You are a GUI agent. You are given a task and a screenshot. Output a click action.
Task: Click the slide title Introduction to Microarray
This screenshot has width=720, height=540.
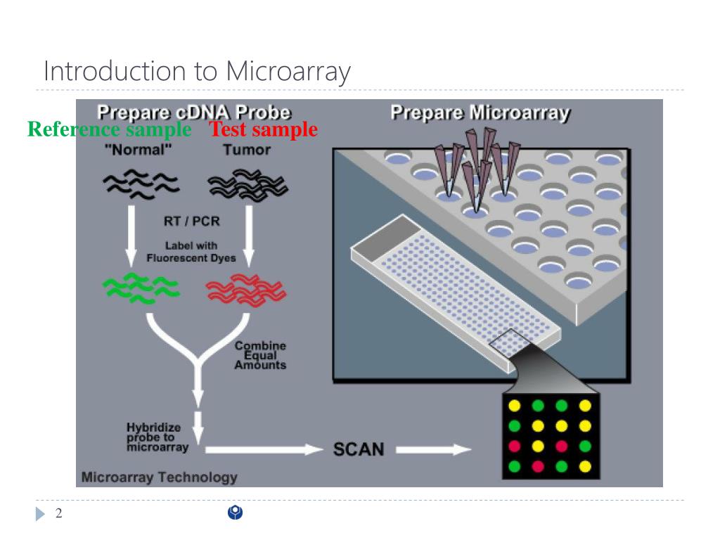pyautogui.click(x=197, y=72)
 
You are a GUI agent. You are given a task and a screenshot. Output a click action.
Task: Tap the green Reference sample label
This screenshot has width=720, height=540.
pyautogui.click(x=109, y=129)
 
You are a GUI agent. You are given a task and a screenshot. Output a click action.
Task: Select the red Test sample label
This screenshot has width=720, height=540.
pyautogui.click(x=264, y=129)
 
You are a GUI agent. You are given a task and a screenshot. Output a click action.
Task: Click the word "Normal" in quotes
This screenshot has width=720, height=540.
pyautogui.click(x=138, y=150)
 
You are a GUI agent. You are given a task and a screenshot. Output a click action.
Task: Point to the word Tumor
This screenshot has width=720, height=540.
pyautogui.click(x=247, y=150)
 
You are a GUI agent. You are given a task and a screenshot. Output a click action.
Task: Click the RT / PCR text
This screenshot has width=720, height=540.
pyautogui.click(x=191, y=221)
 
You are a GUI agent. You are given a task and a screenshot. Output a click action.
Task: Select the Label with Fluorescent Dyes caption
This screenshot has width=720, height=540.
pyautogui.click(x=191, y=252)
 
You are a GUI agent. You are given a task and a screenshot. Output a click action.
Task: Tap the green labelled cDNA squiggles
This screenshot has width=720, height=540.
pyautogui.click(x=140, y=289)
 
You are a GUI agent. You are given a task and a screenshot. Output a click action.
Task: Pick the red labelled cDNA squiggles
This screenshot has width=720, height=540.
pyautogui.click(x=245, y=289)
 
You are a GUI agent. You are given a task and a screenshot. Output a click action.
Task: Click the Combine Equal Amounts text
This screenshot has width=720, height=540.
pyautogui.click(x=260, y=355)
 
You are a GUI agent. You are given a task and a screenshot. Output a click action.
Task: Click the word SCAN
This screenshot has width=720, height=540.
pyautogui.click(x=358, y=449)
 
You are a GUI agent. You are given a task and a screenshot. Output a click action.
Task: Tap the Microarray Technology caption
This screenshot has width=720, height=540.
pyautogui.click(x=160, y=477)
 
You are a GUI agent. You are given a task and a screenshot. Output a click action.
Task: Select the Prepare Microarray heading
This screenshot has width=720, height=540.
pyautogui.click(x=480, y=112)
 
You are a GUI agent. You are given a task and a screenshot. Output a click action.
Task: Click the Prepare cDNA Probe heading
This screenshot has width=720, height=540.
pyautogui.click(x=193, y=112)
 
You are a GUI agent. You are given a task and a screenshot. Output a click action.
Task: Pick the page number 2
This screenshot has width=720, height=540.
pyautogui.click(x=59, y=514)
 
